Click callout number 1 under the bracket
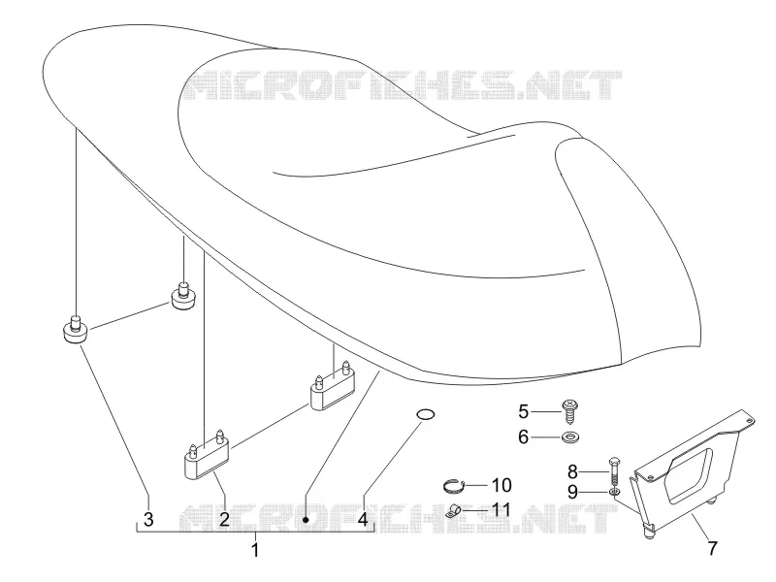point(255,550)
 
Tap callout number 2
point(224,519)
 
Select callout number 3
point(148,519)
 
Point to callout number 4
point(363,519)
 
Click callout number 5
point(524,411)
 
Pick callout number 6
point(524,437)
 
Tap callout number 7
point(712,548)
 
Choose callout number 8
point(572,472)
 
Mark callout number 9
point(572,493)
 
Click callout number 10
point(501,485)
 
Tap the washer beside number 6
point(570,437)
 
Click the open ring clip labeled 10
point(454,486)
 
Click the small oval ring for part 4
point(425,414)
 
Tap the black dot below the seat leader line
point(306,520)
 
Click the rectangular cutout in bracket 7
point(691,476)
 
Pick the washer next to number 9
point(614,493)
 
